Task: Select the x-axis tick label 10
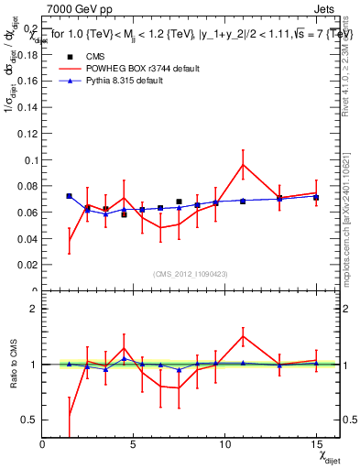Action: [x=224, y=445]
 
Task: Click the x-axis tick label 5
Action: [x=134, y=445]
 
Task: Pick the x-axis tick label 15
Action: [x=315, y=445]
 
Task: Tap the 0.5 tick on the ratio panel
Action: [x=31, y=420]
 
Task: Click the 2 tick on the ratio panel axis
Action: [x=35, y=309]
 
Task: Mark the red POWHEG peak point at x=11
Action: [x=243, y=164]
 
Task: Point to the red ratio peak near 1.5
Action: [x=243, y=336]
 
